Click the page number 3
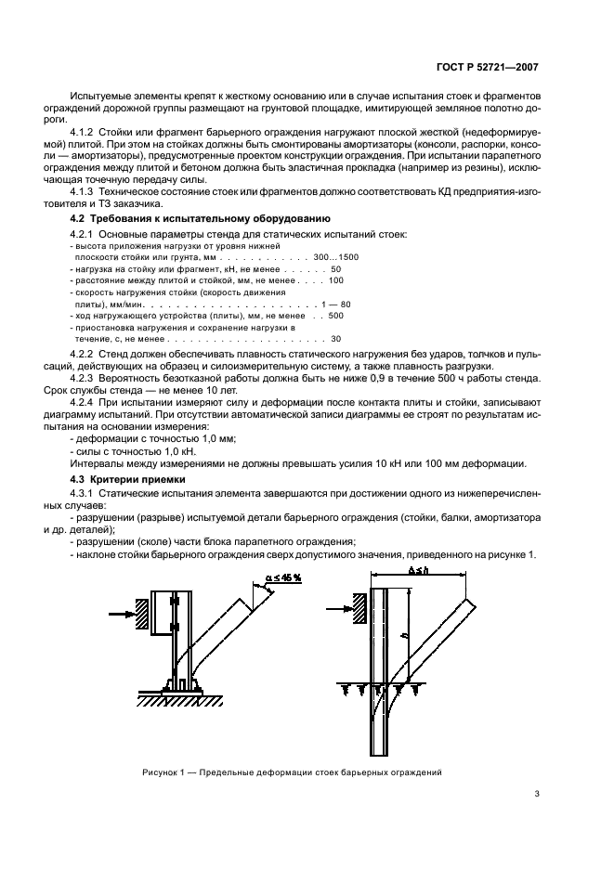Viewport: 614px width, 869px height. [x=537, y=794]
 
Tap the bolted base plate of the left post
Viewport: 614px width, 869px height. [x=180, y=689]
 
